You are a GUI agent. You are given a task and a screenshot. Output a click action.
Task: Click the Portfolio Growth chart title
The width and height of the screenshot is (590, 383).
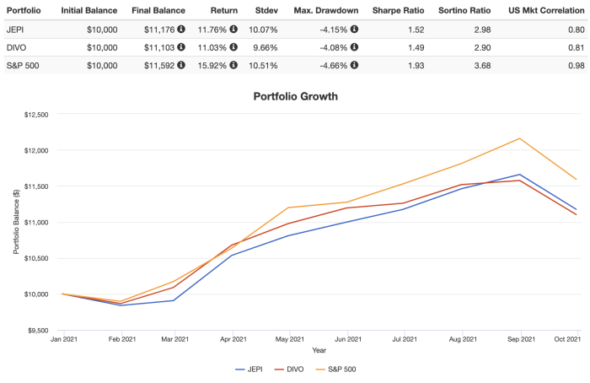(295, 96)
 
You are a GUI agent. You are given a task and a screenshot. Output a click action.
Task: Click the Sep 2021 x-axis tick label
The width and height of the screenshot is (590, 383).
(520, 339)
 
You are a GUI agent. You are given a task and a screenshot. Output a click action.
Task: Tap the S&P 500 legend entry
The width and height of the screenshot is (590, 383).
(340, 369)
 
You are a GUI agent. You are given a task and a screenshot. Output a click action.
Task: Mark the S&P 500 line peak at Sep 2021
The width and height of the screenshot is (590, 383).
(520, 138)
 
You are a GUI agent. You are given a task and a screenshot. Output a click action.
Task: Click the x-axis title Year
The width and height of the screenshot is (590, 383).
(319, 350)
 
